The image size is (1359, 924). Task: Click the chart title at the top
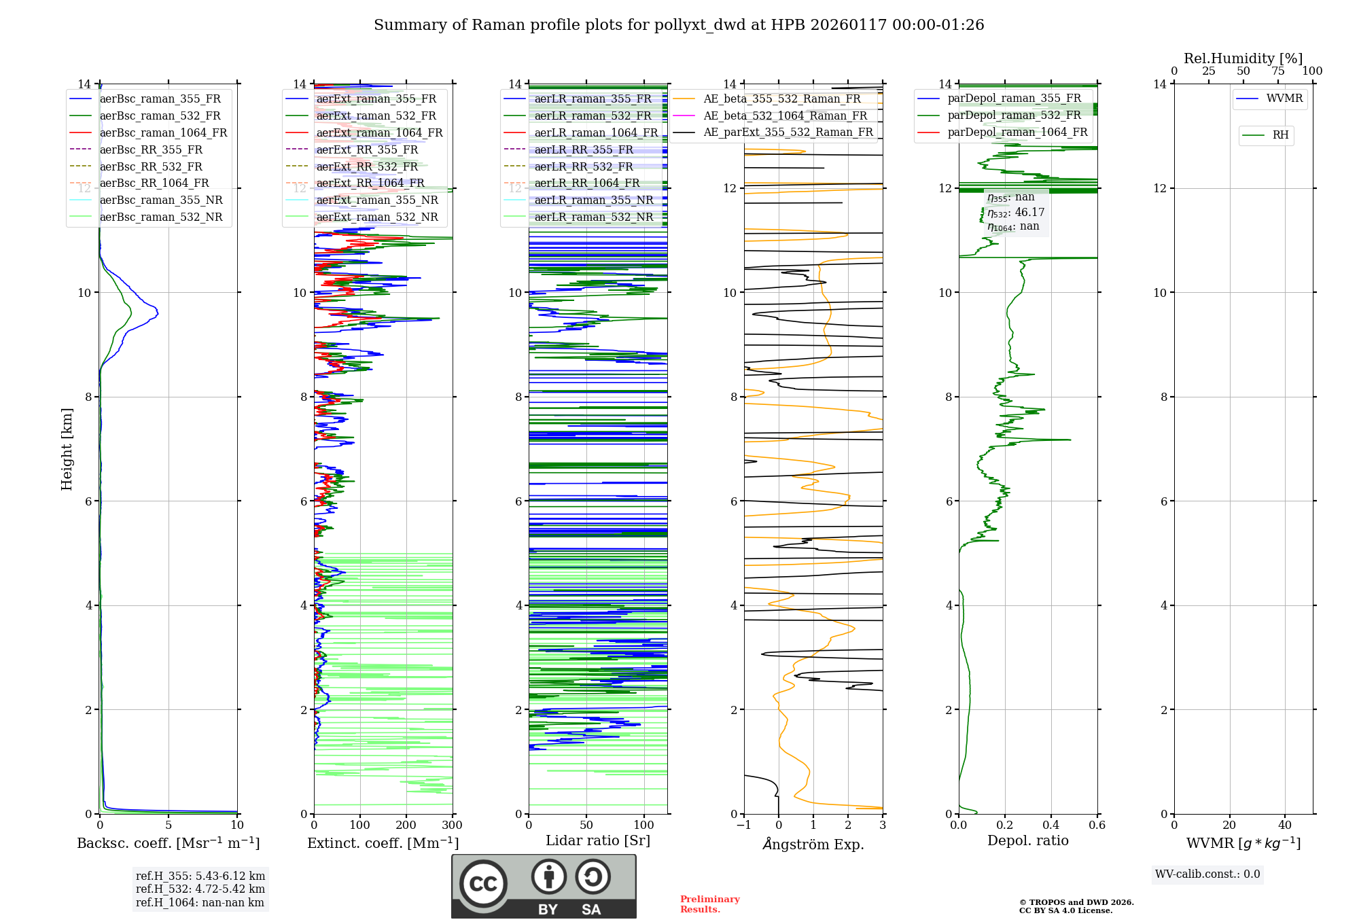point(679,25)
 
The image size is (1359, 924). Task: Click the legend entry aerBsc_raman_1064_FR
point(163,132)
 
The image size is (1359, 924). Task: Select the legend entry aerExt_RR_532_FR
point(367,166)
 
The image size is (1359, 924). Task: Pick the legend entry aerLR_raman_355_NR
point(593,200)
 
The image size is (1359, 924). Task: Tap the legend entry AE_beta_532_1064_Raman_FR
point(785,115)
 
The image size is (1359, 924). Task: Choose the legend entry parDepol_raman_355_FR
point(1014,98)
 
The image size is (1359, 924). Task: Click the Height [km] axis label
point(67,448)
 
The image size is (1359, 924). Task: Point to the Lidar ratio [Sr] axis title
point(598,840)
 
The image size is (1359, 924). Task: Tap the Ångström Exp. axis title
point(813,844)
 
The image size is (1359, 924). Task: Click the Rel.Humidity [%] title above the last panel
point(1243,58)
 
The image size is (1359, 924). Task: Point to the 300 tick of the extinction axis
point(452,825)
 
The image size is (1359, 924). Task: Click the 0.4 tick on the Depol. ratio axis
point(1051,825)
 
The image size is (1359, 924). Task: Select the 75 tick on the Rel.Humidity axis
point(1277,71)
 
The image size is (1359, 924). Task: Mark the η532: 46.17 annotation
point(1016,213)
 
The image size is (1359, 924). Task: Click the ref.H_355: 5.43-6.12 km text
point(200,876)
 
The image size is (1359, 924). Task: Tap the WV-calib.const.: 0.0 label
point(1207,874)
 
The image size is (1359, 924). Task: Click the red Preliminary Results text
point(709,904)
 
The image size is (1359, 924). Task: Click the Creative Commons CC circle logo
point(483,884)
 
